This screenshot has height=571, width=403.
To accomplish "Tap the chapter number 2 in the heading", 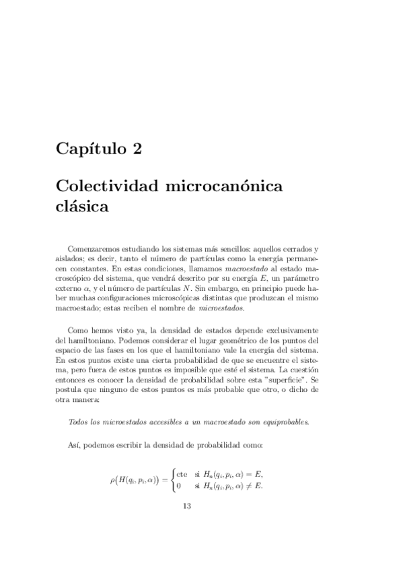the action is tap(137, 148).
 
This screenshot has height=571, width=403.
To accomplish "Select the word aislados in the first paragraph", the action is tap(69, 258).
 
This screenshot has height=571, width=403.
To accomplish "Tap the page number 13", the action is tap(188, 507).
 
